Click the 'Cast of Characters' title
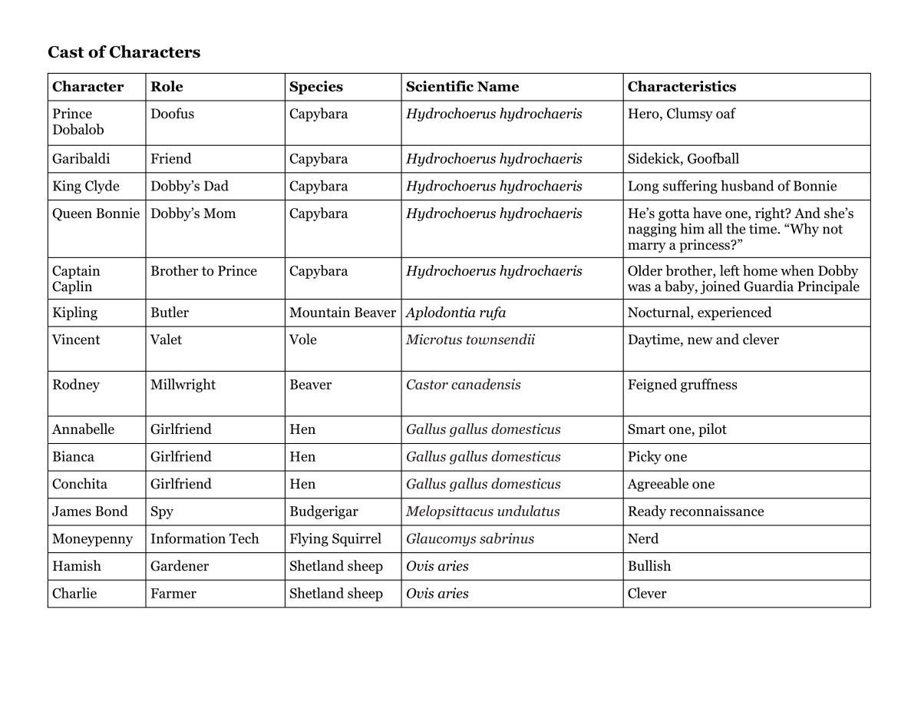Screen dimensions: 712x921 pyautogui.click(x=124, y=52)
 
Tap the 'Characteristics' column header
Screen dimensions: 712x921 pyautogui.click(x=682, y=87)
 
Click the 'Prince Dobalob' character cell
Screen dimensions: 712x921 pyautogui.click(x=78, y=122)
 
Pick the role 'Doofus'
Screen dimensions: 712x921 pyautogui.click(x=173, y=114)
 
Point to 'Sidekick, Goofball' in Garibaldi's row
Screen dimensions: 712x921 pyautogui.click(x=683, y=159)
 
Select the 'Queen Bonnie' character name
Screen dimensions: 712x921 pyautogui.click(x=96, y=214)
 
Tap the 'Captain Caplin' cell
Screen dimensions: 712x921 pyautogui.click(x=76, y=279)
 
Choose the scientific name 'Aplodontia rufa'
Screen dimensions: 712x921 pyautogui.click(x=456, y=313)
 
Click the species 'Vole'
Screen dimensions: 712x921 pyautogui.click(x=303, y=340)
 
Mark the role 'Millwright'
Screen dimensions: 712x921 pyautogui.click(x=183, y=385)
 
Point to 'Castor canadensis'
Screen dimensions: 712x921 pyautogui.click(x=463, y=385)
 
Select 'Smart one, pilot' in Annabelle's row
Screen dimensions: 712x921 pyautogui.click(x=677, y=430)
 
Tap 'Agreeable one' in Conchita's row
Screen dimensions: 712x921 pyautogui.click(x=671, y=485)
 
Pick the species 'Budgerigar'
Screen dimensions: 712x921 pyautogui.click(x=324, y=512)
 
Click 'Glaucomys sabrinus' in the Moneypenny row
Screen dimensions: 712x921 pyautogui.click(x=470, y=539)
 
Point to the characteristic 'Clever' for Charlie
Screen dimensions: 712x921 pyautogui.click(x=647, y=594)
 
